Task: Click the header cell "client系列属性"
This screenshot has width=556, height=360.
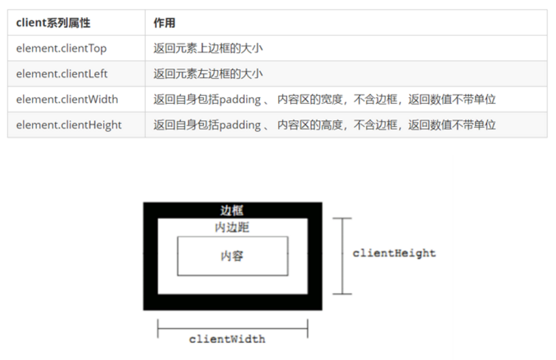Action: pos(53,22)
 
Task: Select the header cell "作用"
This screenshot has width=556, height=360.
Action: pos(164,22)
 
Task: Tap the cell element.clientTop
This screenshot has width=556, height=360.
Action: pos(61,48)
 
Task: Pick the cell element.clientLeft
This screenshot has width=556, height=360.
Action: pos(62,74)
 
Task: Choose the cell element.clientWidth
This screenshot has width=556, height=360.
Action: pos(67,100)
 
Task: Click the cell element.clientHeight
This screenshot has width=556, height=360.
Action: pos(69,125)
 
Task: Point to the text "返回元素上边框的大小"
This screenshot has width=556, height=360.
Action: pos(208,48)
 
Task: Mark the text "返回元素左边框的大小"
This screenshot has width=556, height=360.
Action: pos(208,74)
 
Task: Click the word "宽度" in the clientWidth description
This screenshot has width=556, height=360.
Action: pos(333,100)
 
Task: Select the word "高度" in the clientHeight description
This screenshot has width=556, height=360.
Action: pos(333,125)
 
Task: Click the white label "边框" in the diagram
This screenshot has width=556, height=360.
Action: pos(232,211)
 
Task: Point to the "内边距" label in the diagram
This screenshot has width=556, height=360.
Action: pos(232,228)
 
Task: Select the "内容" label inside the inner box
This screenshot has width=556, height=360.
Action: pos(232,256)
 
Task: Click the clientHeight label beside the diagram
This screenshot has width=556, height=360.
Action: pos(394,253)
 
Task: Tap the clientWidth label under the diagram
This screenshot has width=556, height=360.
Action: pos(226,339)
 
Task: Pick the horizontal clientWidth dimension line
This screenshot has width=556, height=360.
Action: pos(232,329)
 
